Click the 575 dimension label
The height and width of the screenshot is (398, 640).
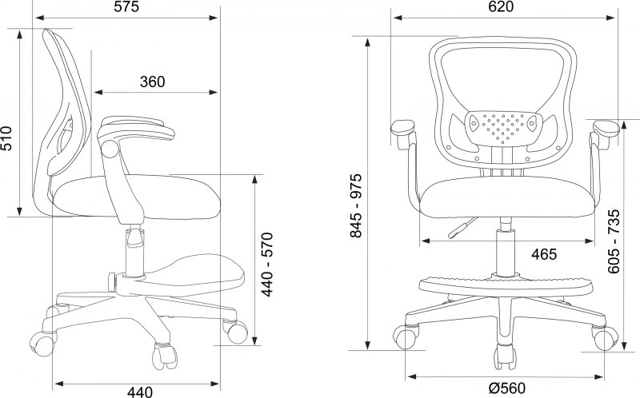[126, 7]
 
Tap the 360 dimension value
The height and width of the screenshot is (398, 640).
[153, 82]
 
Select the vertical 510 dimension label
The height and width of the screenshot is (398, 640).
[7, 138]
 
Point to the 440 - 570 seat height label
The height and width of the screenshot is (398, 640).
[266, 265]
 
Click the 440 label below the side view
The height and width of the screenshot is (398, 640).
[140, 392]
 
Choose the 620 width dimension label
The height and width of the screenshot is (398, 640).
[501, 7]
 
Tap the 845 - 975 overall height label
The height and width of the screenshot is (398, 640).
[356, 205]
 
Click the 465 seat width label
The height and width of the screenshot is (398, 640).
[544, 254]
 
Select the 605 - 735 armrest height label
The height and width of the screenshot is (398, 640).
[614, 241]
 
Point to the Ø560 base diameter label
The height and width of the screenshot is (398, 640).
[507, 388]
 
